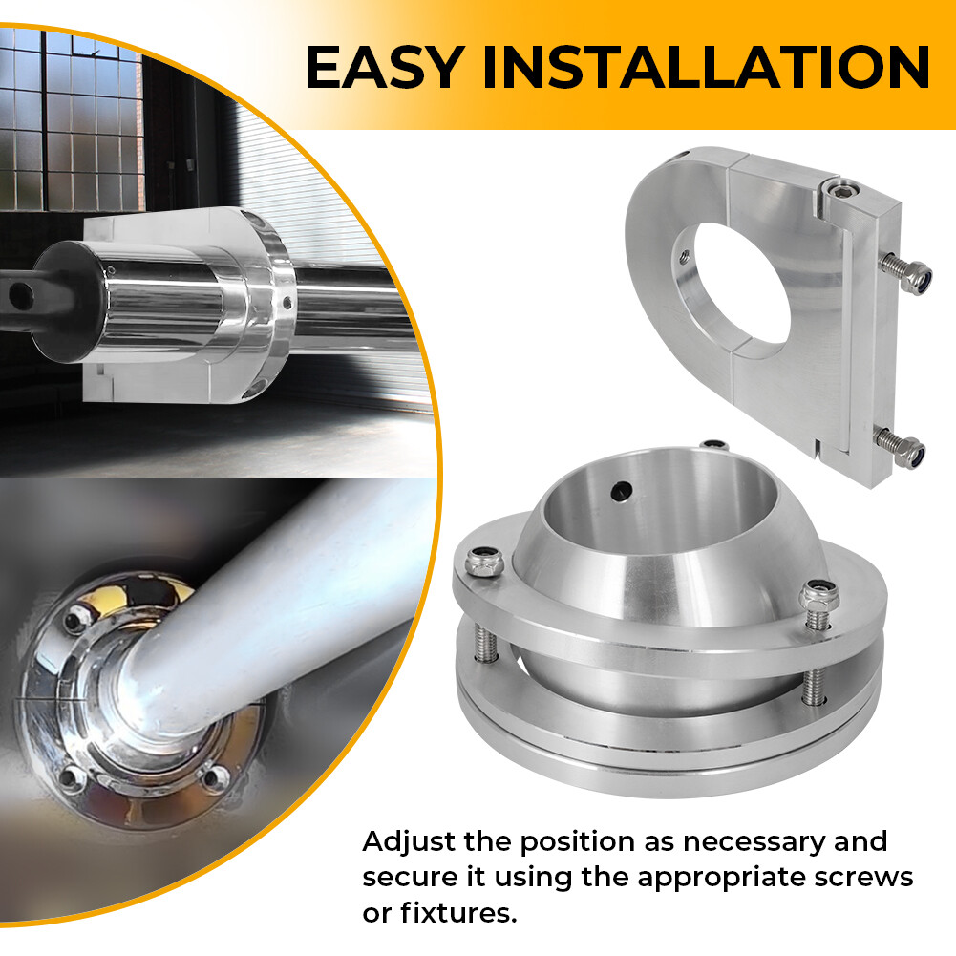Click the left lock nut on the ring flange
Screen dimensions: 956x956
pyautogui.click(x=479, y=563)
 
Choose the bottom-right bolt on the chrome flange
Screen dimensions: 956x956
pyautogui.click(x=215, y=778)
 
